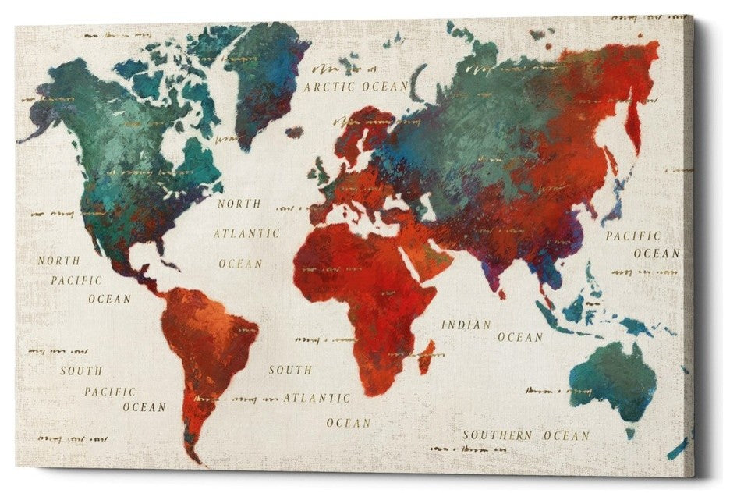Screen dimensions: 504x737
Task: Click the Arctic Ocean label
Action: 356,86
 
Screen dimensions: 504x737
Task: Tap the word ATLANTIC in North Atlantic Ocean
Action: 246,233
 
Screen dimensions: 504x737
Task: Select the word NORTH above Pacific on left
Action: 58,261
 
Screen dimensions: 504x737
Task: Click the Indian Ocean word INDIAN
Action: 466,325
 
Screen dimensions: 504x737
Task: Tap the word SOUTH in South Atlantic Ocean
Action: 290,370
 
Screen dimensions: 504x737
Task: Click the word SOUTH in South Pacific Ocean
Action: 81,371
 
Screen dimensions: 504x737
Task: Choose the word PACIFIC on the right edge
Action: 633,236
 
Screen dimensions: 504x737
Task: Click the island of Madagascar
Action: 426,356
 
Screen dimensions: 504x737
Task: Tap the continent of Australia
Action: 612,382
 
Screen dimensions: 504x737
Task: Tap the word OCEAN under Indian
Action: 519,337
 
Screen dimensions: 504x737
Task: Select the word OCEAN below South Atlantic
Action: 348,423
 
